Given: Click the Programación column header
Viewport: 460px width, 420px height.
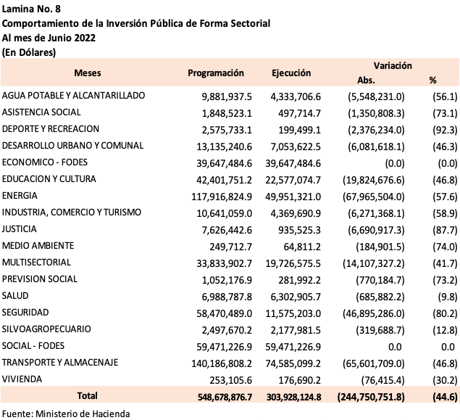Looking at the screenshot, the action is coord(216,73).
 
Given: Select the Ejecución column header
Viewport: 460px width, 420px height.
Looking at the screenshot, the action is coord(291,73).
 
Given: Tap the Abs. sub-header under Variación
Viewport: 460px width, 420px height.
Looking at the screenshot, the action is coord(366,80).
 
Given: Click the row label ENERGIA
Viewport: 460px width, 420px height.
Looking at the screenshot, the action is coord(20,196).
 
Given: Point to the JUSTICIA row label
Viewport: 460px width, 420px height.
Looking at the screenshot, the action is coord(20,228).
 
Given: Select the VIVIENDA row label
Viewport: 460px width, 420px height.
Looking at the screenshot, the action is coord(22,379).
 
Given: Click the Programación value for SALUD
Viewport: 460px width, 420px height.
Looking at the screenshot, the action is coord(227,297).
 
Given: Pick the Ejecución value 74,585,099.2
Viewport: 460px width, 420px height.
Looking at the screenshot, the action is coord(293,363).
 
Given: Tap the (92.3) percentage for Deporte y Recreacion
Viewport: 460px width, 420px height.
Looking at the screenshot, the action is coord(445,130).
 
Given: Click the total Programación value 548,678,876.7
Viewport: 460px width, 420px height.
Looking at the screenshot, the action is coord(225,397).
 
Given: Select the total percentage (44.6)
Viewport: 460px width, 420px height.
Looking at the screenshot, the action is coord(445,397).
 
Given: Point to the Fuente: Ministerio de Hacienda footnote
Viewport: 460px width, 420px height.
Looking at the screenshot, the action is coord(66,413).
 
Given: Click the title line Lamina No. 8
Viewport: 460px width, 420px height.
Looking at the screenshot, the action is coord(31,9).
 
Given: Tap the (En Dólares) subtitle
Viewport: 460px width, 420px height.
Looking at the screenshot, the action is coord(29,52).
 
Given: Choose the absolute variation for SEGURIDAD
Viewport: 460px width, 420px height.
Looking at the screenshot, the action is coord(374,313).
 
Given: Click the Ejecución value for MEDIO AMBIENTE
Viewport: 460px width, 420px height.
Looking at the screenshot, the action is coord(302,247).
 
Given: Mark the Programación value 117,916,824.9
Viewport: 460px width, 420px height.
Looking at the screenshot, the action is coord(222,197).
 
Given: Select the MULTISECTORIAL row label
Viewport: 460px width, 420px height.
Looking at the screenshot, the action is coord(36,263).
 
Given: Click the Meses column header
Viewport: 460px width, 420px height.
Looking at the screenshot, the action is coord(88,73).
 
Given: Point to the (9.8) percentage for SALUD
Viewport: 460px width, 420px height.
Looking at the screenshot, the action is coord(448,297).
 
